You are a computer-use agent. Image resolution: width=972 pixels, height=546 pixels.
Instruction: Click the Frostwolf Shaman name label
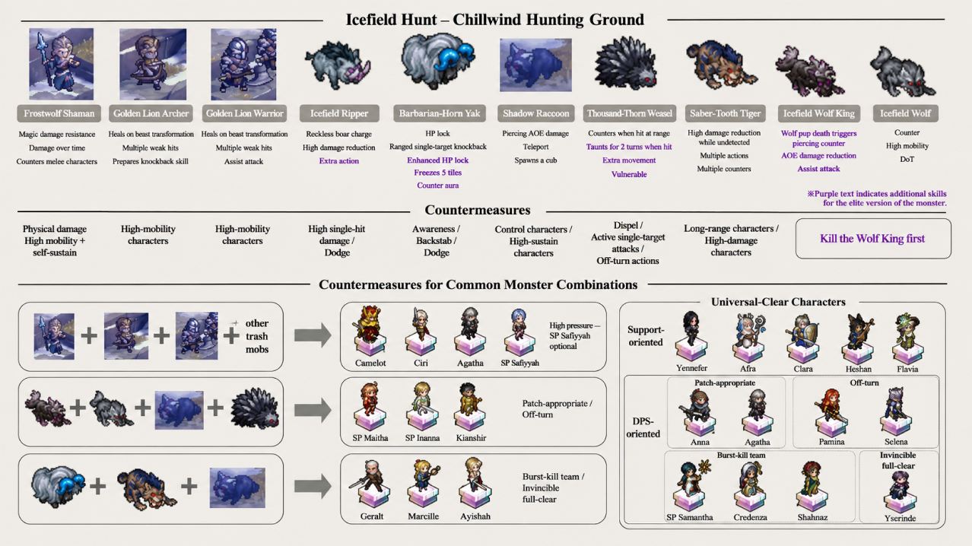pyautogui.click(x=59, y=113)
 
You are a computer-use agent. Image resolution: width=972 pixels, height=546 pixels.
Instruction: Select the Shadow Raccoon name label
pyautogui.click(x=536, y=113)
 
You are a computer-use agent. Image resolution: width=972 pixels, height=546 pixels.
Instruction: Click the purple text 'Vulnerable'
pyautogui.click(x=629, y=174)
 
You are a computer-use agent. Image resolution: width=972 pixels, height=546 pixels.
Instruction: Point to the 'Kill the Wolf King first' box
pyautogui.click(x=873, y=238)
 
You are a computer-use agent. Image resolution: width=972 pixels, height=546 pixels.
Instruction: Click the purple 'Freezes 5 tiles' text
pyautogui.click(x=437, y=173)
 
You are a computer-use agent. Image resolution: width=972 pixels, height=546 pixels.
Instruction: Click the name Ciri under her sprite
pyautogui.click(x=421, y=363)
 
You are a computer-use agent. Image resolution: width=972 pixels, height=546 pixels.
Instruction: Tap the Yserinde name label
pyautogui.click(x=900, y=518)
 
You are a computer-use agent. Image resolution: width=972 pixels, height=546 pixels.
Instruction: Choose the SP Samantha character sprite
pyautogui.click(x=691, y=485)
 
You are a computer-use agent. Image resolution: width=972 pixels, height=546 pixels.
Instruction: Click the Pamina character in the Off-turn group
pyautogui.click(x=831, y=412)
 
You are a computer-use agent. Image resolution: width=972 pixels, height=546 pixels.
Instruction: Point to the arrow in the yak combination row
pyautogui.click(x=313, y=486)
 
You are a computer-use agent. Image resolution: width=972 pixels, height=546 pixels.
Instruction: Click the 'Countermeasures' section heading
pyautogui.click(x=478, y=210)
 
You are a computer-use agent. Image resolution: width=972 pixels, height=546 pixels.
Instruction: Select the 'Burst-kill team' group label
pyautogui.click(x=741, y=455)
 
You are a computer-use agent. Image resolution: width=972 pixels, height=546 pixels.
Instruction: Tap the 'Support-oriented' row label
pyautogui.click(x=646, y=336)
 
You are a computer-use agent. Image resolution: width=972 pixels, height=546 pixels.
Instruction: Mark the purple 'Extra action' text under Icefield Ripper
pyautogui.click(x=339, y=160)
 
